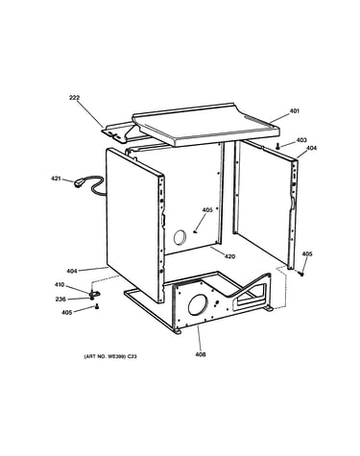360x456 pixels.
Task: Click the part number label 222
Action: (74, 98)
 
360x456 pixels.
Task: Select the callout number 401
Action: (295, 111)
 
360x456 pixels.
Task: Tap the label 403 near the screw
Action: (301, 140)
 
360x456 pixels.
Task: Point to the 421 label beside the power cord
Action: (56, 179)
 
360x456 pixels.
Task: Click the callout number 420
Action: (229, 256)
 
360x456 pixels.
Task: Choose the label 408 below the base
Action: (201, 354)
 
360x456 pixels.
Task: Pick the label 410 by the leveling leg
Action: (60, 284)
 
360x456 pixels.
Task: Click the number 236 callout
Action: (60, 300)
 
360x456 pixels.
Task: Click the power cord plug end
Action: (79, 183)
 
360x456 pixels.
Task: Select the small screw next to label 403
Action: (278, 146)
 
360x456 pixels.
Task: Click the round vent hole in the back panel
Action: (180, 237)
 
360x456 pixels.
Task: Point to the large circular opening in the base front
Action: (198, 304)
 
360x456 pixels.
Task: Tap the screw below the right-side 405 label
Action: (300, 274)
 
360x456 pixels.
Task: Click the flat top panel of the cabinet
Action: (206, 125)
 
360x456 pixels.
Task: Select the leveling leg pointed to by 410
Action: (94, 294)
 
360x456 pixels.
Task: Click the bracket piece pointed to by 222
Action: (124, 132)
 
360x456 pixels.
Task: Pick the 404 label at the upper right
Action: (311, 148)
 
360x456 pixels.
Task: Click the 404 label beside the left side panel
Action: (72, 271)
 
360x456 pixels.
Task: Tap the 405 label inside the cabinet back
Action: (207, 210)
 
